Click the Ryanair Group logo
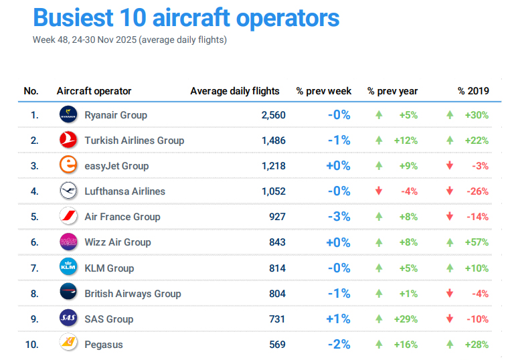tap(68, 114)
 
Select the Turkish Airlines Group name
tap(134, 141)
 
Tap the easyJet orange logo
tap(68, 165)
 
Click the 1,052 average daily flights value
tap(273, 191)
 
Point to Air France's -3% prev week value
tap(339, 217)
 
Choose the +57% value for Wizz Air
tap(477, 242)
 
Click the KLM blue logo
tap(68, 268)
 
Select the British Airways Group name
tap(133, 293)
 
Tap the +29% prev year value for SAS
tap(406, 319)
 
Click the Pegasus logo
tap(68, 344)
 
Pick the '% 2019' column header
tap(473, 91)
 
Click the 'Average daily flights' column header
tap(235, 91)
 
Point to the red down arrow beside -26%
tap(450, 191)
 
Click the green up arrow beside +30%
tap(450, 115)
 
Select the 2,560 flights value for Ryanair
tap(273, 115)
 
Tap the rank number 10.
tap(32, 345)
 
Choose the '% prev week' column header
tap(324, 91)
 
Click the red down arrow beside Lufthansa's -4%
tap(379, 191)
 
